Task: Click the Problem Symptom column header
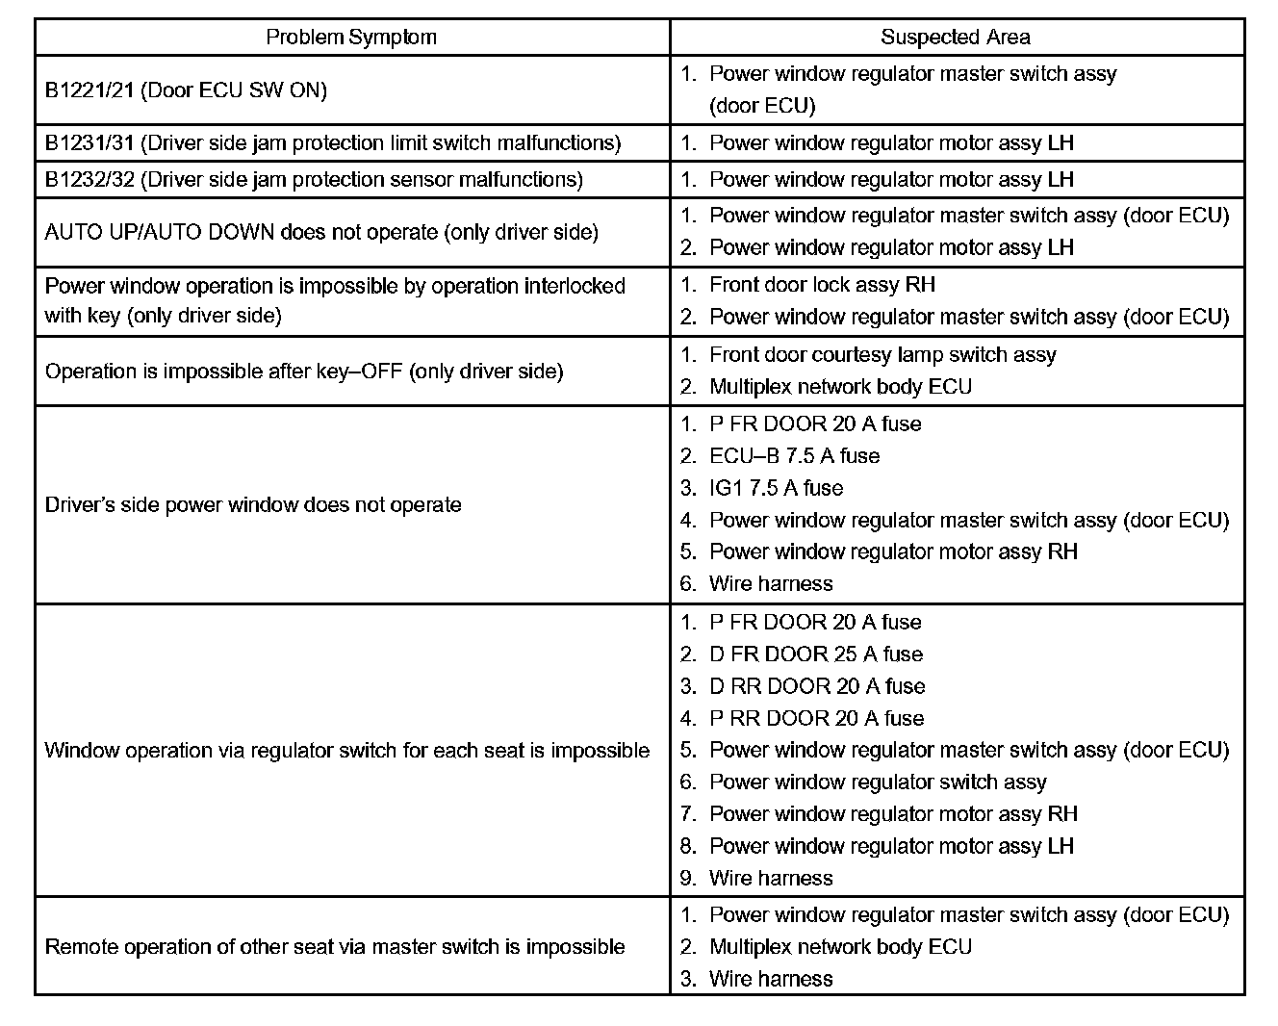[x=351, y=38]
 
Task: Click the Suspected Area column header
[x=956, y=38]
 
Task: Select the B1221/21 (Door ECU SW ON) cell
[x=186, y=90]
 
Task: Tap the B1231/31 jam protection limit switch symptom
[x=332, y=143]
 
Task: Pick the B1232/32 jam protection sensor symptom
[x=314, y=180]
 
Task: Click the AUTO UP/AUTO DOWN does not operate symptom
[x=321, y=232]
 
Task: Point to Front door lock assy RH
[x=822, y=285]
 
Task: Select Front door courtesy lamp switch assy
[x=882, y=355]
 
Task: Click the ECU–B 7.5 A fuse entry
[x=794, y=456]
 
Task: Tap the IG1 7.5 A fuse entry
[x=776, y=488]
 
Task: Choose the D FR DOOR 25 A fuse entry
[x=815, y=654]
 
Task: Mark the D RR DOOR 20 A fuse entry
[x=816, y=686]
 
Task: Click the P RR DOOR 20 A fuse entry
[x=816, y=718]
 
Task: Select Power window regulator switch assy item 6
[x=877, y=782]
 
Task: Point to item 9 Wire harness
[x=770, y=878]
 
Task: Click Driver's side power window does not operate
[x=253, y=505]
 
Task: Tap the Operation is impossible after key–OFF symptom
[x=304, y=372]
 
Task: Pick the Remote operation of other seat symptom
[x=335, y=947]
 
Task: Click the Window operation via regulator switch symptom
[x=347, y=751]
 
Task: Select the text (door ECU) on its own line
[x=762, y=106]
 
